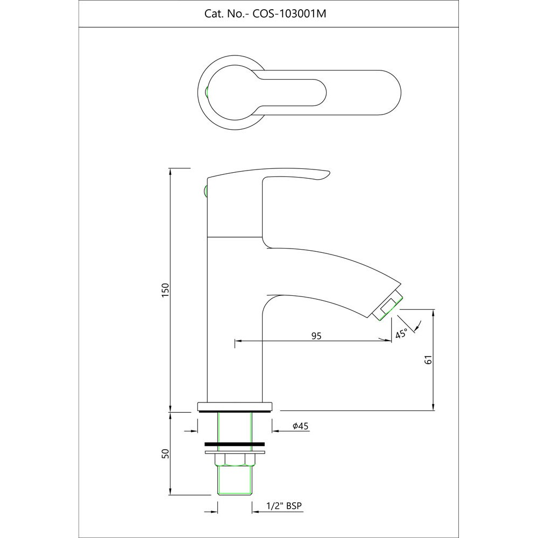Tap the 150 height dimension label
tap(166, 291)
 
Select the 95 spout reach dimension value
tap(316, 336)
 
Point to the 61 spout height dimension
tap(429, 360)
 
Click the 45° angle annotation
tap(401, 334)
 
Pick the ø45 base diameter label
tap(300, 426)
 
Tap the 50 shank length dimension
tap(166, 454)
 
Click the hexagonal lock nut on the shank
tap(235, 459)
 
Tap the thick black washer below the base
tap(235, 444)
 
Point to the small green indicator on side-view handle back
tap(205, 190)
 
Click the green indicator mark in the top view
tap(208, 92)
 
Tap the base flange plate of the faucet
tap(235, 406)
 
